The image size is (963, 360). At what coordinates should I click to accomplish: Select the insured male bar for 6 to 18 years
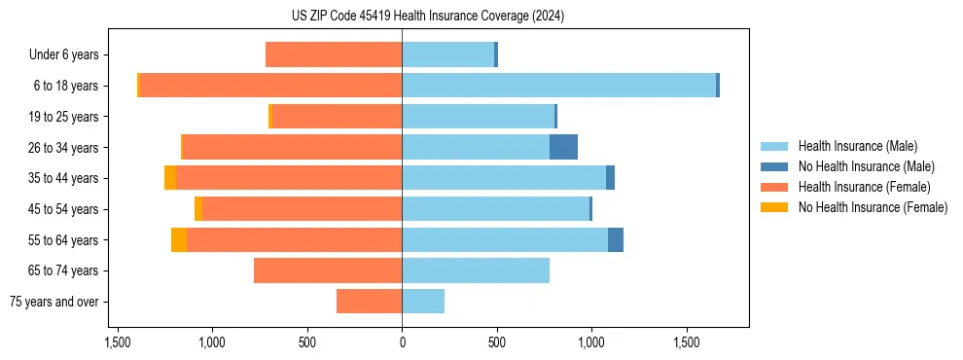tap(558, 86)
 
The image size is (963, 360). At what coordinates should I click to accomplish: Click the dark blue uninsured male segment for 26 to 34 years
tap(563, 147)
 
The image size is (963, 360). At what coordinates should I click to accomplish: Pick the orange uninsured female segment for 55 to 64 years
tap(179, 239)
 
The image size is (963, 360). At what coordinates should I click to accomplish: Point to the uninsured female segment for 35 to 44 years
tap(170, 178)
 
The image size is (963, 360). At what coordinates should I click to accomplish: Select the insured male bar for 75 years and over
tap(423, 302)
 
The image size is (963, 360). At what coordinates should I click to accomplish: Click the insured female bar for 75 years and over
tap(370, 302)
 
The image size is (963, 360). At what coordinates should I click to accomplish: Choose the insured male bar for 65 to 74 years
tap(476, 270)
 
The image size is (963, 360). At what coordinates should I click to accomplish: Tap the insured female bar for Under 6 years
tap(334, 54)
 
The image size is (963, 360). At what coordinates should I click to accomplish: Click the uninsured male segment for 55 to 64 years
tap(616, 239)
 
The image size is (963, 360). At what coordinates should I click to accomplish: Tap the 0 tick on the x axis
tap(402, 342)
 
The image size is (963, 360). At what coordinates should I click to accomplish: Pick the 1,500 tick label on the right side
tap(687, 342)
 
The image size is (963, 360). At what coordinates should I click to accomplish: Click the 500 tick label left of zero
tap(307, 342)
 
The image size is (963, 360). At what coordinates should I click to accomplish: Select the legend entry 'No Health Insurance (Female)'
tap(873, 207)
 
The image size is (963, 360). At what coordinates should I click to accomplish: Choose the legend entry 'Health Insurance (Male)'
tap(858, 146)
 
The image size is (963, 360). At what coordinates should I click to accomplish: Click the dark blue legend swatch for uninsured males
tap(775, 166)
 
